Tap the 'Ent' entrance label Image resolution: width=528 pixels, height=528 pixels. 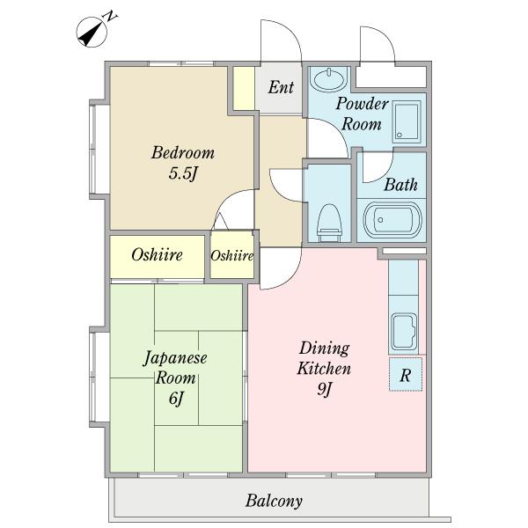pos(281,87)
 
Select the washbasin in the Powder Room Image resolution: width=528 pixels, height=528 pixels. pos(329,79)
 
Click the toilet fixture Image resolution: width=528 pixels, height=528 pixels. pos(329,223)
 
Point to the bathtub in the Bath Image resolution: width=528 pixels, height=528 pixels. pos(392,220)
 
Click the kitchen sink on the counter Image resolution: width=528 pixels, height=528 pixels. pos(405,331)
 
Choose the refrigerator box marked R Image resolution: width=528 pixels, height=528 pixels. pos(406,374)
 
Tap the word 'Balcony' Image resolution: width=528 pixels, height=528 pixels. pos(274,501)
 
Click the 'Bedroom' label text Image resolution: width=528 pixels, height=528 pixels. pos(183,152)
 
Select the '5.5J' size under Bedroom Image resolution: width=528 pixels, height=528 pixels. pos(182,173)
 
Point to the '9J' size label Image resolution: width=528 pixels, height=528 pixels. pos(324,389)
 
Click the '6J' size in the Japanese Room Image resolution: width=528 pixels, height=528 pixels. pos(176,399)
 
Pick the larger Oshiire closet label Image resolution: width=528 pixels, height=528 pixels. pos(157,255)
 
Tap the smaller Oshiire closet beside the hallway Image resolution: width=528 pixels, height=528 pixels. pos(232,256)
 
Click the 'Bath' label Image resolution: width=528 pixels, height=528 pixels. pos(400,185)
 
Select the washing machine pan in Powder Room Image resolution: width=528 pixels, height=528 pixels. pos(407,121)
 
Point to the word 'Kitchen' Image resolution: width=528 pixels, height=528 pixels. pos(324,369)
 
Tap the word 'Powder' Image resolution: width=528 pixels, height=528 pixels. pos(362,103)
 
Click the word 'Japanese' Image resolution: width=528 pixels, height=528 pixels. pos(175,358)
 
